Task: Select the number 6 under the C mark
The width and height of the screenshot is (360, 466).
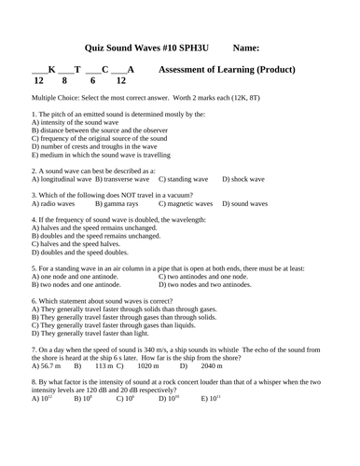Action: (103, 81)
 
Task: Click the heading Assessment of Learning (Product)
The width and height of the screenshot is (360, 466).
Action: (228, 70)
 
